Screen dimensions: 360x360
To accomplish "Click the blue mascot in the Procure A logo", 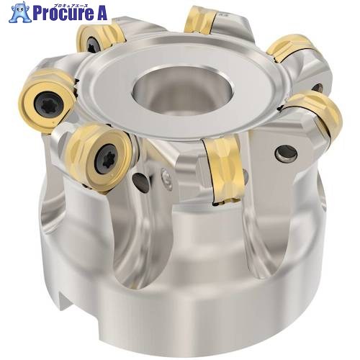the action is [20, 12].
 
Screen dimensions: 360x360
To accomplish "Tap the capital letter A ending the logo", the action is [101, 14].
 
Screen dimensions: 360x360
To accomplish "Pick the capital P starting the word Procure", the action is [37, 14].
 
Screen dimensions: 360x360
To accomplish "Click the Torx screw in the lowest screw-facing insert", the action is [105, 158].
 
